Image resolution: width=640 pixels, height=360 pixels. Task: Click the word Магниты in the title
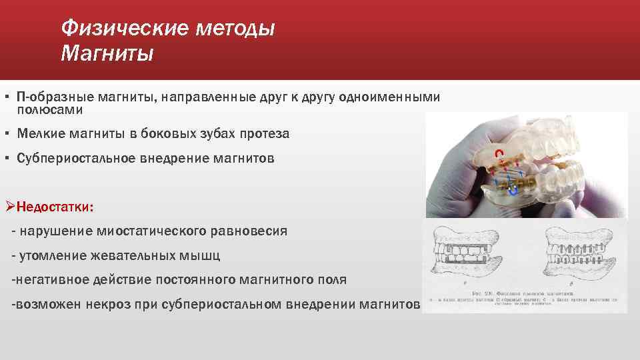point(107,53)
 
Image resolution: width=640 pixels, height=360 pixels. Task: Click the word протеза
point(266,134)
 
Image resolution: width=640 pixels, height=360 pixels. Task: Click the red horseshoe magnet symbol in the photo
point(497,156)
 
